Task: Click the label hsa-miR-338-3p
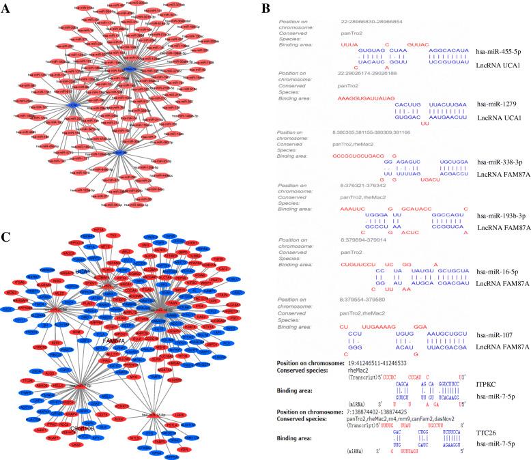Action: (498, 162)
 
